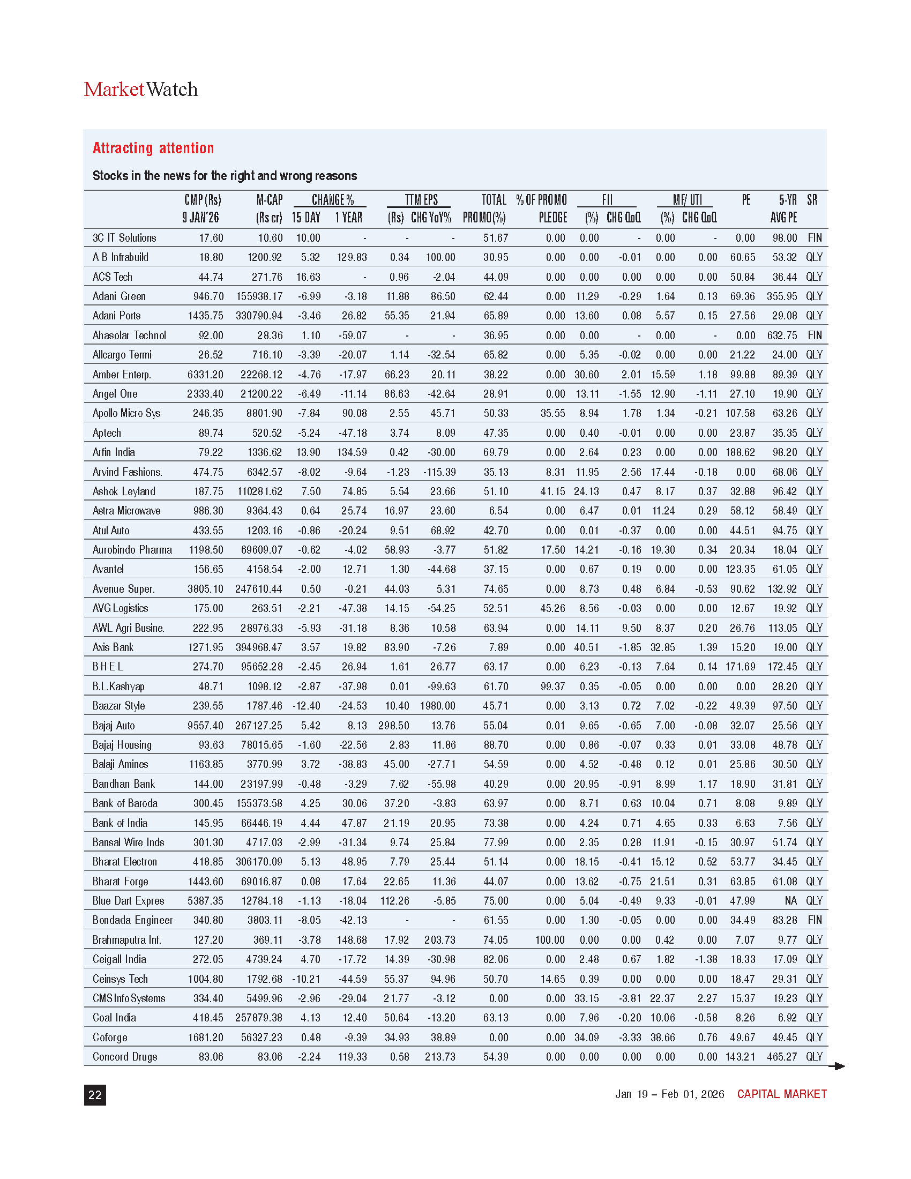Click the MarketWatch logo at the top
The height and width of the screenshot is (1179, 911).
click(x=141, y=89)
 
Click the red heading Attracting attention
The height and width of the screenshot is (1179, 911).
click(x=153, y=148)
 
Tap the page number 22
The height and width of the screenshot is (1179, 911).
click(x=94, y=1095)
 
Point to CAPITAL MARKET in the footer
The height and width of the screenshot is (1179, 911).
click(x=781, y=1094)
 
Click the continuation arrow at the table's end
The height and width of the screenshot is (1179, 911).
click(x=837, y=1065)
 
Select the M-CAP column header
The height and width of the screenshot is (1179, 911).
click(x=270, y=208)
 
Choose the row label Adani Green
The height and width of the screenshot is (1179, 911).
click(x=119, y=296)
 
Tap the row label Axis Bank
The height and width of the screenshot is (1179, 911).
click(x=113, y=647)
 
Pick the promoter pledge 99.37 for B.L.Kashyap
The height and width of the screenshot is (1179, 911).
click(x=552, y=686)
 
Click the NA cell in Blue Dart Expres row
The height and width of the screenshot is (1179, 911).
click(x=790, y=900)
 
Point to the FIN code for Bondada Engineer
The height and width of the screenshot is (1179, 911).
click(x=815, y=920)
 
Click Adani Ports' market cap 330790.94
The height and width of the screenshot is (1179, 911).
click(x=259, y=316)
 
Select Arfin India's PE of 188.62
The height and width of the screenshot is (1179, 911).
click(x=740, y=452)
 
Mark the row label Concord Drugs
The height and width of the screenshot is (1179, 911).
click(x=125, y=1056)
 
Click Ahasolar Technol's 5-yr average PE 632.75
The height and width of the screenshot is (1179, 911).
click(x=782, y=335)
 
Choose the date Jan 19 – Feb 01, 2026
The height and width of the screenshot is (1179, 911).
click(x=669, y=1094)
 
